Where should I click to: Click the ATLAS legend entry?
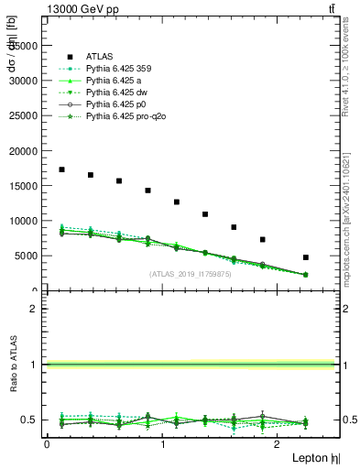[x=101, y=55]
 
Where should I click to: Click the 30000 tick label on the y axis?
[x=25, y=81]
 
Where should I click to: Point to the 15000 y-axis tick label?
[x=25, y=186]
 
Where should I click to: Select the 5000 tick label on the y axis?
[x=27, y=256]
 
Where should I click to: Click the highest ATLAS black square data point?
[x=61, y=169]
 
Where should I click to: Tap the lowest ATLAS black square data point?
[x=306, y=257]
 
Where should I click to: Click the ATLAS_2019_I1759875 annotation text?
[x=191, y=274]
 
